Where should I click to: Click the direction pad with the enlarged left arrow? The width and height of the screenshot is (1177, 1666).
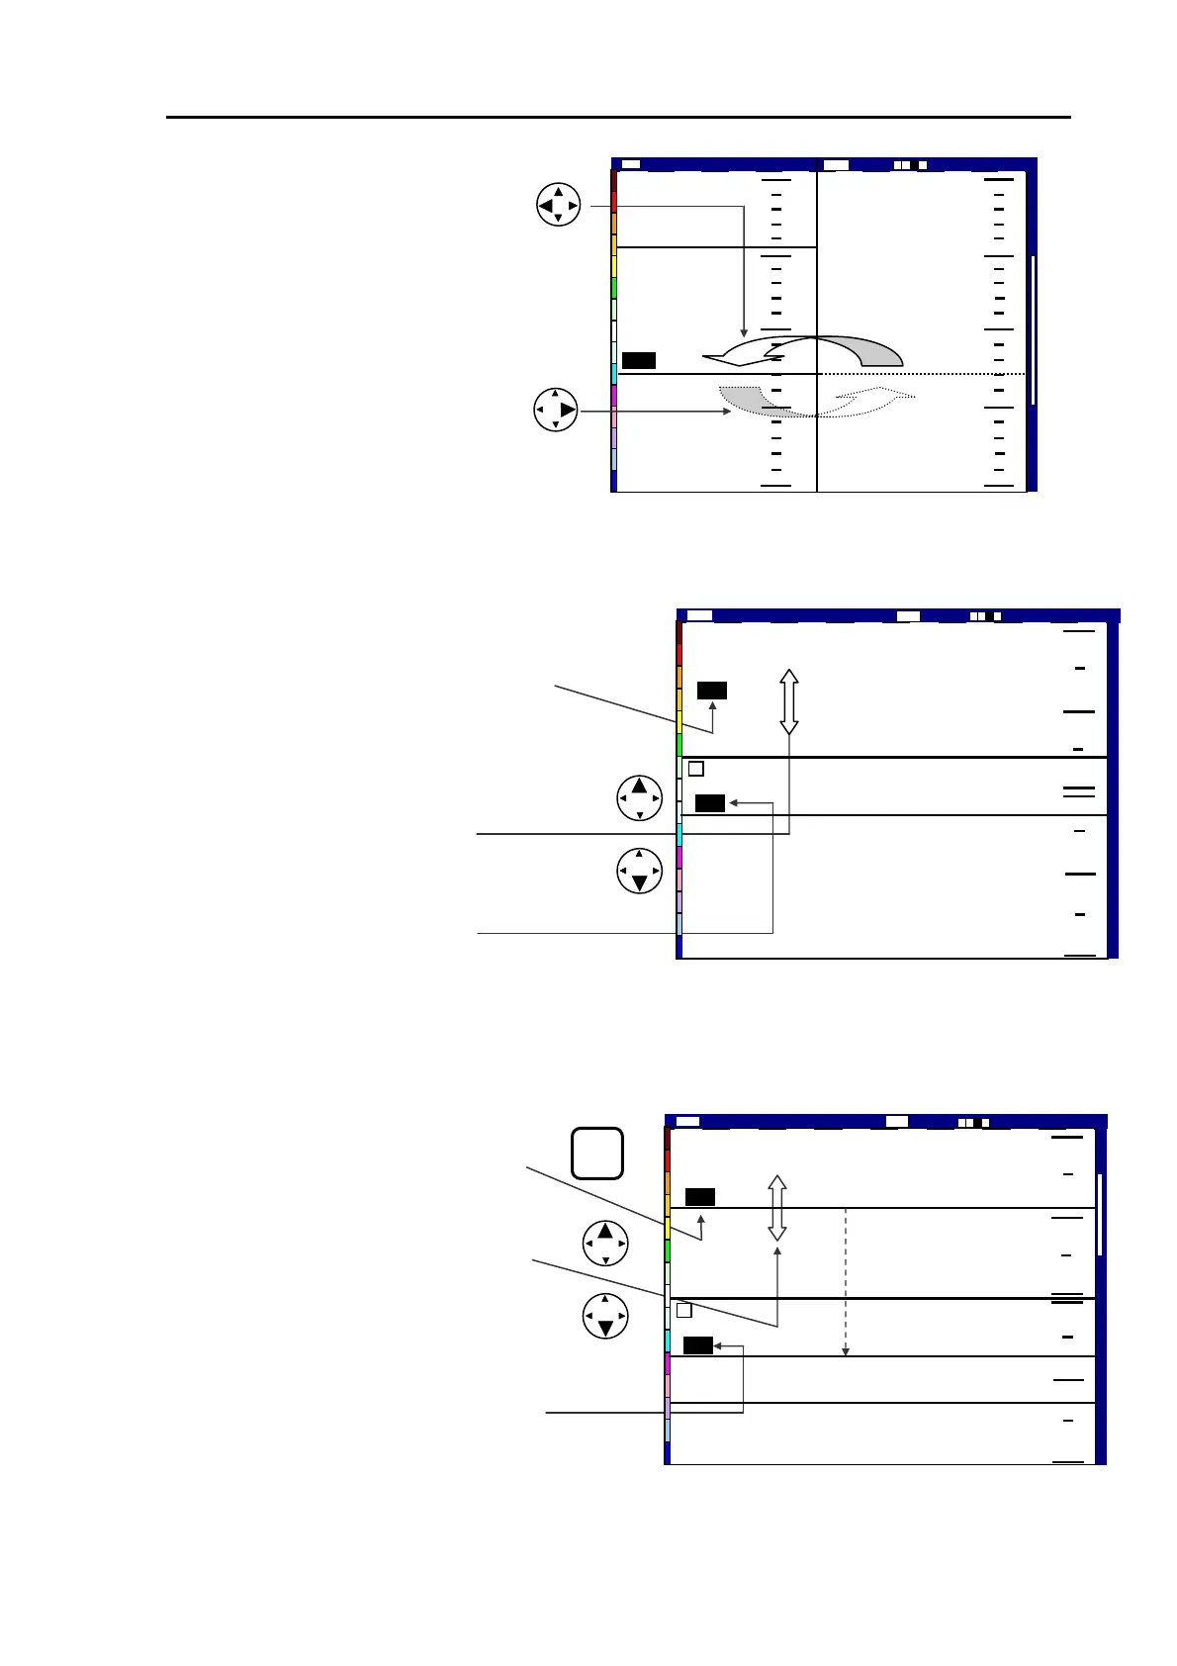tap(558, 206)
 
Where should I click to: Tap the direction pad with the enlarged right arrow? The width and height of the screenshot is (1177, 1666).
tap(556, 410)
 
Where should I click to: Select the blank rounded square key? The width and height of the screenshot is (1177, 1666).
tap(597, 1154)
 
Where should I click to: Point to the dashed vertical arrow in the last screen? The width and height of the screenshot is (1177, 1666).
tap(845, 1282)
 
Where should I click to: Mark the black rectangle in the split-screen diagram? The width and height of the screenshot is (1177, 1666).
tap(639, 360)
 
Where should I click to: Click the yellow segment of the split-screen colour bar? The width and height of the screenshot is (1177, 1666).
tap(614, 266)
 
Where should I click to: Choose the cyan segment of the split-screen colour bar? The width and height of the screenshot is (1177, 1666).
tap(614, 374)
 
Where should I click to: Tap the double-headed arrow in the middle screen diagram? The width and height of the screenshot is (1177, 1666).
tap(788, 701)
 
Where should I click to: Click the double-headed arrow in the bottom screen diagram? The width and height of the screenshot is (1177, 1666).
tap(777, 1208)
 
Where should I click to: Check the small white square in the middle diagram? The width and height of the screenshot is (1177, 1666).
tap(695, 769)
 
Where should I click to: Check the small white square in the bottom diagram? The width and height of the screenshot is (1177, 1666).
tap(683, 1311)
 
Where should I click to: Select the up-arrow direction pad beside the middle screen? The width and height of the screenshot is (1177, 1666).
tap(640, 798)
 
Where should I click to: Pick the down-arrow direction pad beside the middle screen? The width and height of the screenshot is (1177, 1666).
tap(640, 871)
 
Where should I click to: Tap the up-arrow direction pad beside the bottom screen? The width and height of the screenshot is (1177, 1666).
tap(605, 1244)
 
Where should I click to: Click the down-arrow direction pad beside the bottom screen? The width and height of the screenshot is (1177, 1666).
tap(605, 1316)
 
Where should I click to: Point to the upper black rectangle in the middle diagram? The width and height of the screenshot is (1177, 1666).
tap(712, 691)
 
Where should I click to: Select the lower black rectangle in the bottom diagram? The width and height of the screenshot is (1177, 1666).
tap(698, 1345)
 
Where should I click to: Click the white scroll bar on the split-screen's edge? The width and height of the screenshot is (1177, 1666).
tap(1033, 330)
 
